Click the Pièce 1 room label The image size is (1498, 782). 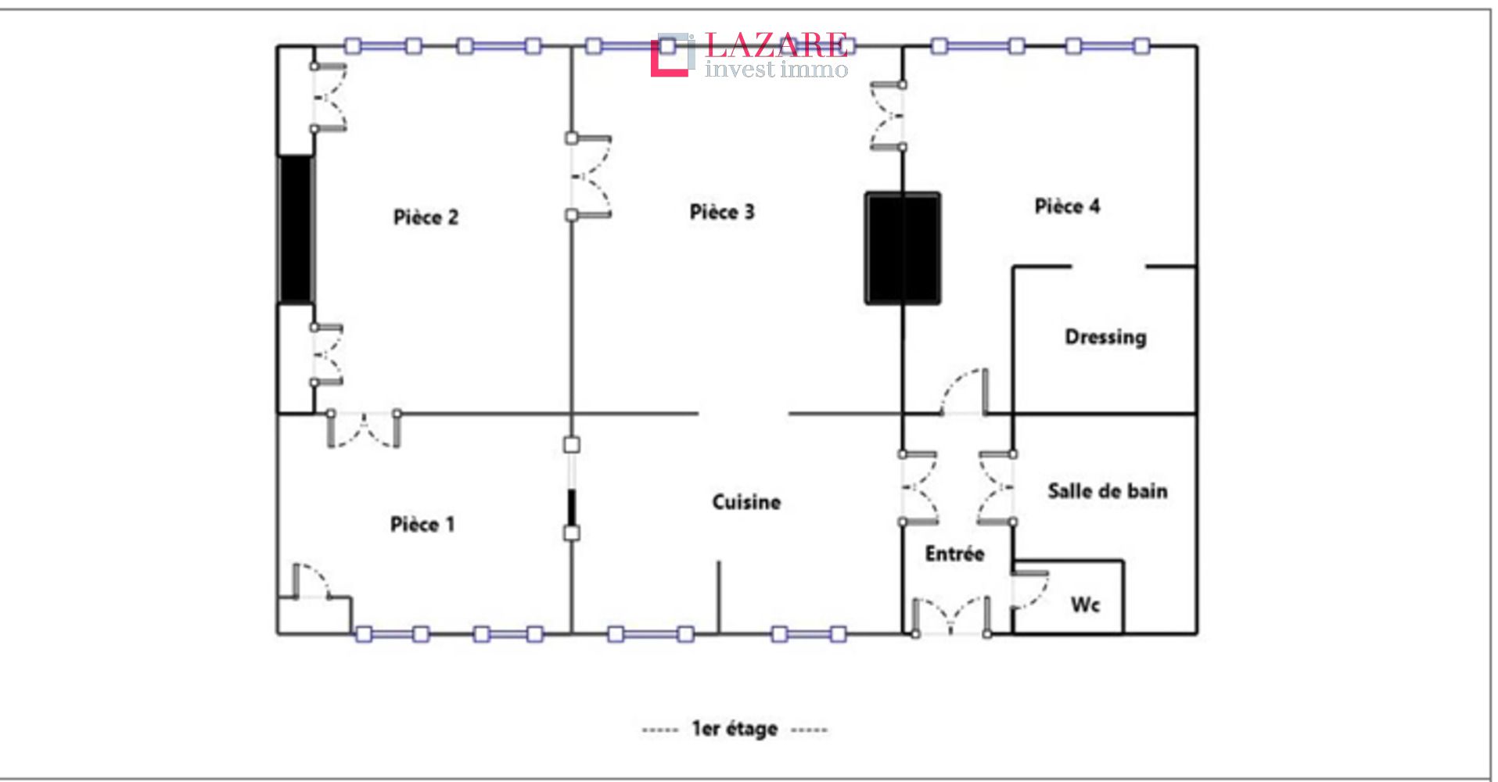[422, 524]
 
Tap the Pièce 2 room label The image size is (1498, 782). [426, 217]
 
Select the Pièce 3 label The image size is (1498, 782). [722, 212]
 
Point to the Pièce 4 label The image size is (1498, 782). [1067, 206]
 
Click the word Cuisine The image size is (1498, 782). [746, 502]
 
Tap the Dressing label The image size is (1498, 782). [1105, 337]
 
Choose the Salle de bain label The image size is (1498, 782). [1108, 491]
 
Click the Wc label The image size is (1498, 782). [1085, 604]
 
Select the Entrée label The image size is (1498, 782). [954, 554]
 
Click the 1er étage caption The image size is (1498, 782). [735, 729]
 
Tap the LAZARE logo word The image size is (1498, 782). [776, 45]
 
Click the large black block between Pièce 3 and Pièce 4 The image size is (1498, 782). [902, 248]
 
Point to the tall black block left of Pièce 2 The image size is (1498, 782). [296, 229]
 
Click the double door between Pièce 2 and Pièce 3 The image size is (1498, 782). [588, 177]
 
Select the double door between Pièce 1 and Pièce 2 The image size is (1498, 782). [364, 429]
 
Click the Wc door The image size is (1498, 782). [1029, 591]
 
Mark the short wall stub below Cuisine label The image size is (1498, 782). [719, 597]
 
